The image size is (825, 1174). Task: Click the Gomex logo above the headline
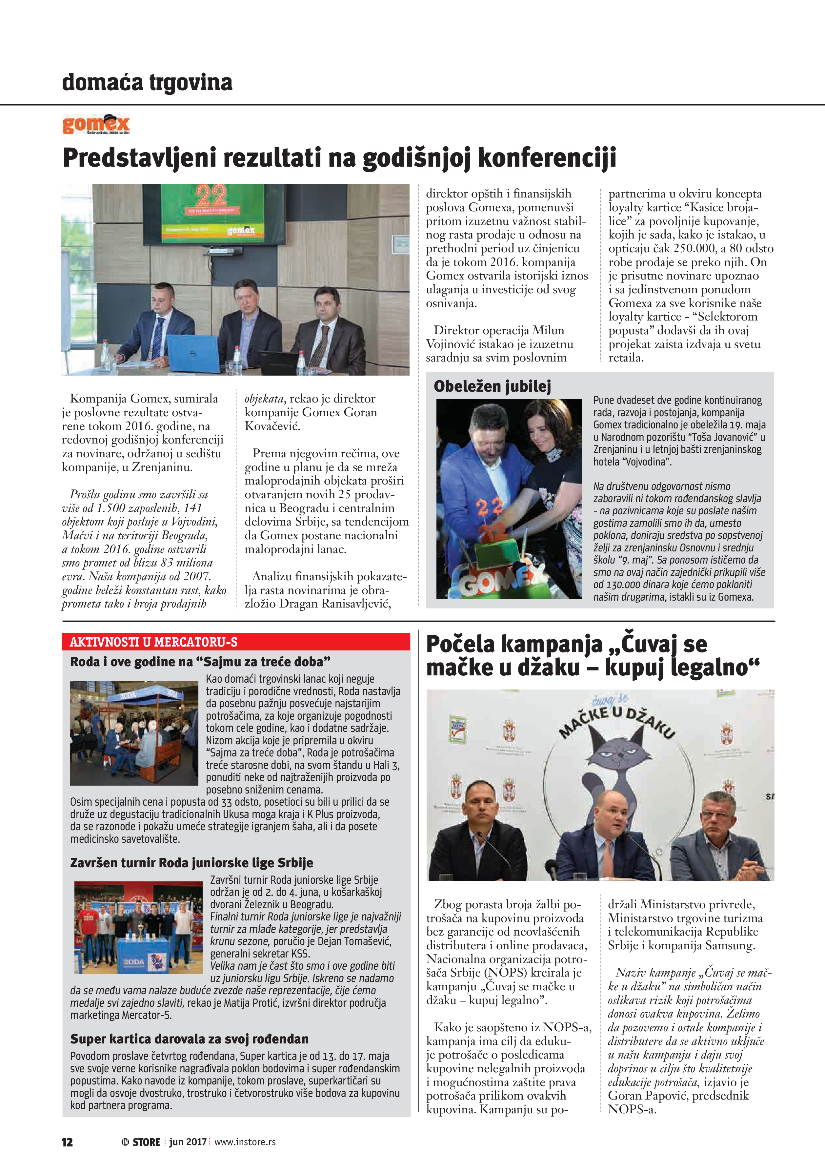pyautogui.click(x=96, y=124)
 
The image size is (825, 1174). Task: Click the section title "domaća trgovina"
pyautogui.click(x=147, y=82)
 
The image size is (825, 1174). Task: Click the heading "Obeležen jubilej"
pyautogui.click(x=492, y=386)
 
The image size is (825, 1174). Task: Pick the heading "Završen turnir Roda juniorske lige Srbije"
pyautogui.click(x=192, y=863)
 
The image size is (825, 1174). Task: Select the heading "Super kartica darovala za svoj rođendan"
pyautogui.click(x=189, y=1039)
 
